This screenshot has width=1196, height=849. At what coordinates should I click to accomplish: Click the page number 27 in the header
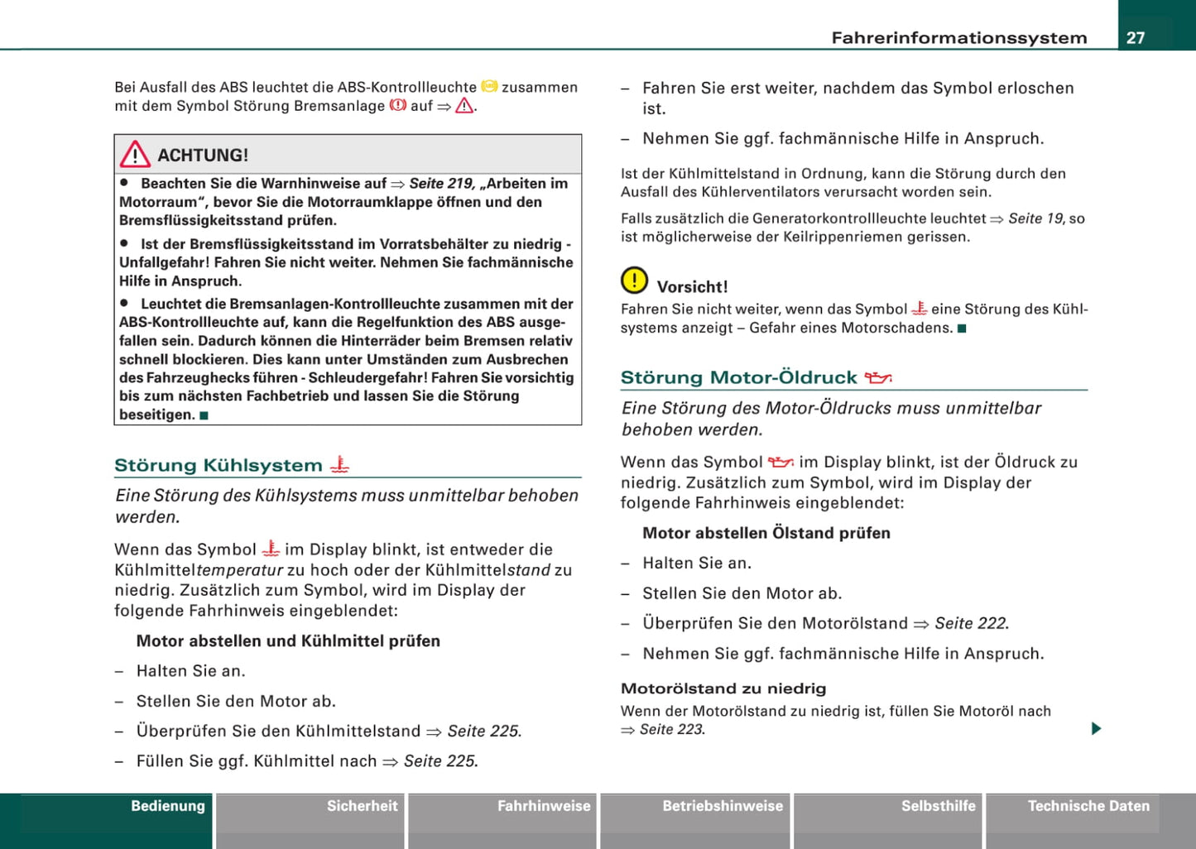[x=1136, y=38]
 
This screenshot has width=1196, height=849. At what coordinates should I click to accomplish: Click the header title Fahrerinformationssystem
[x=958, y=38]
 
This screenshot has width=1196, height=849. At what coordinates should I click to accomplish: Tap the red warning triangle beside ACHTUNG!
[x=135, y=155]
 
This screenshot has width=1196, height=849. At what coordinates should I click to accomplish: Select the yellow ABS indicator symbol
[x=489, y=86]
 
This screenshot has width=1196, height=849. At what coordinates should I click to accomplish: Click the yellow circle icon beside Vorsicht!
[x=634, y=281]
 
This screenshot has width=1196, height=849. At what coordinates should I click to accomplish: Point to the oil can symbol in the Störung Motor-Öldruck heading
[x=877, y=378]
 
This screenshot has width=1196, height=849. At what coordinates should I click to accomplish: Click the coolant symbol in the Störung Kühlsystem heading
[x=339, y=466]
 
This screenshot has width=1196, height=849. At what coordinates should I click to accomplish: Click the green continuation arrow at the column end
[x=1096, y=729]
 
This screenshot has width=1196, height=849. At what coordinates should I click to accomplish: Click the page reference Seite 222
[x=971, y=623]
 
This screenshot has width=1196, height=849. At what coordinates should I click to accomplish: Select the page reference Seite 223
[x=671, y=730]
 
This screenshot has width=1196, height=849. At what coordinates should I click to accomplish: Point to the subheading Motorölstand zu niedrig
[x=723, y=688]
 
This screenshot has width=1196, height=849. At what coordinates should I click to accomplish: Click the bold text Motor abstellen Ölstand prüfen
[x=766, y=533]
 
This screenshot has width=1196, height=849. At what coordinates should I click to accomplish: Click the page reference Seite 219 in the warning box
[x=442, y=184]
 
